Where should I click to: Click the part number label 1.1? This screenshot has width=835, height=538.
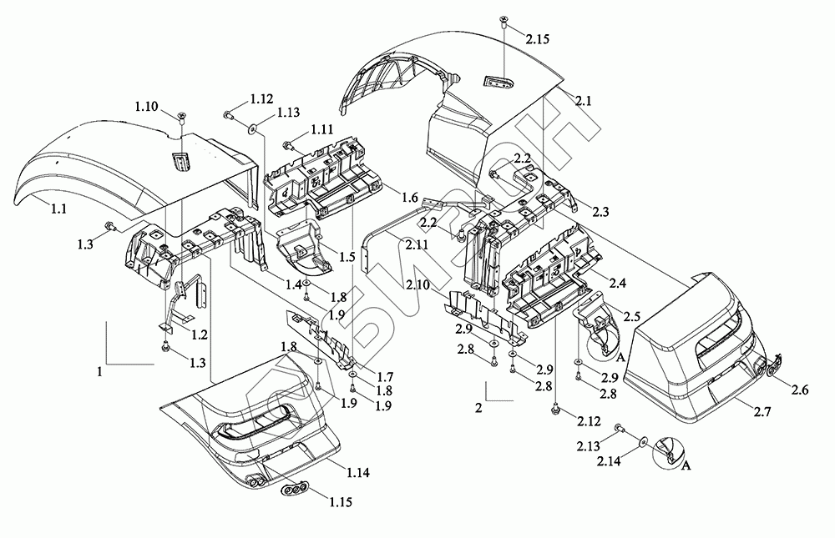58,209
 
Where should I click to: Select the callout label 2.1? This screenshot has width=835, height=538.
584,99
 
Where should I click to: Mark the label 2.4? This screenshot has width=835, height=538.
618,284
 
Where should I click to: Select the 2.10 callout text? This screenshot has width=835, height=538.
418,286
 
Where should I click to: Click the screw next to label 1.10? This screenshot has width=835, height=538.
181,115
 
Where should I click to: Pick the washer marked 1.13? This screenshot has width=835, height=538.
251,129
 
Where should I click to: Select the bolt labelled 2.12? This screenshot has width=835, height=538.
555,410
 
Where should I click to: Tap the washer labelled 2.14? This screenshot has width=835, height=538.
643,440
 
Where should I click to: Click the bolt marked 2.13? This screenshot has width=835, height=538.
619,428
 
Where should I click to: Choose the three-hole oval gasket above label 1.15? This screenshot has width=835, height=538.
295,489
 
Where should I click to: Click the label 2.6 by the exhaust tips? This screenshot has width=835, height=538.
799,389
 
